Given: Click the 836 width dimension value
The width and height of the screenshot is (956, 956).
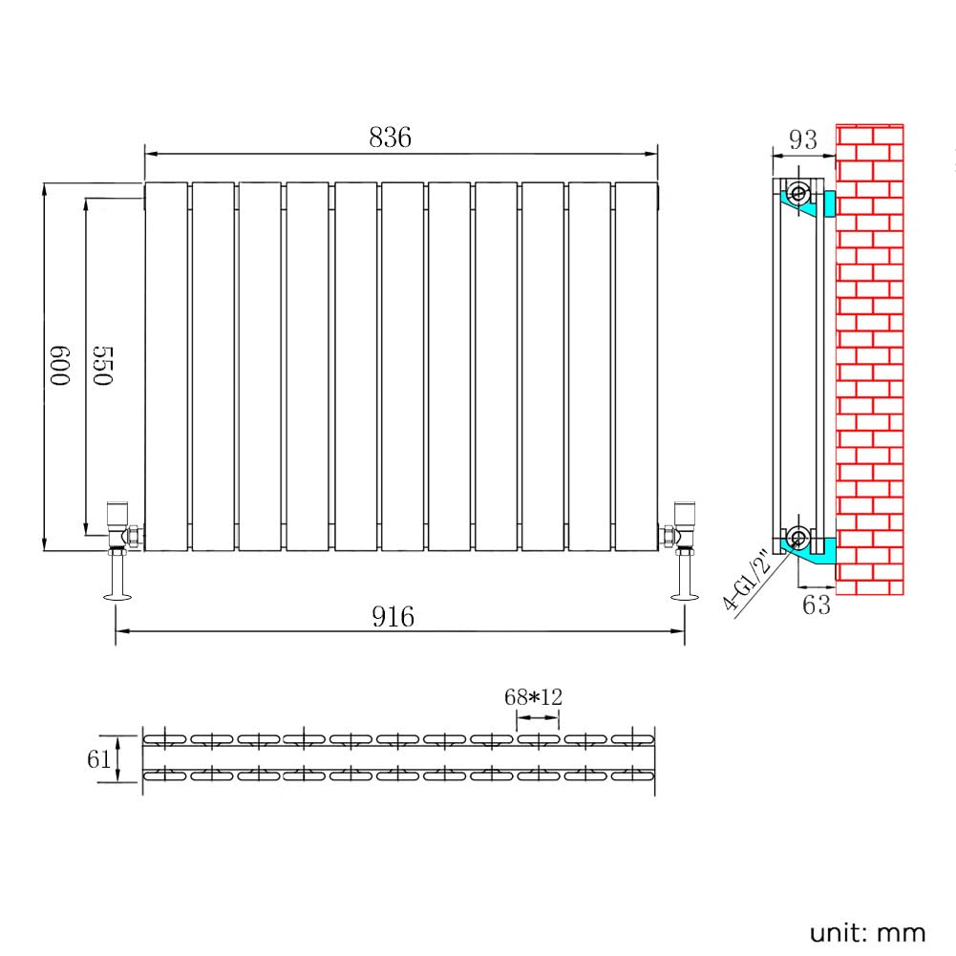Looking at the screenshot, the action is click(391, 138).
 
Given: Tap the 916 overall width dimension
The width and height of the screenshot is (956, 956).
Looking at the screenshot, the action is click(393, 616).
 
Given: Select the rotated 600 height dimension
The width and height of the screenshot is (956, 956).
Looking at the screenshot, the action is click(60, 366).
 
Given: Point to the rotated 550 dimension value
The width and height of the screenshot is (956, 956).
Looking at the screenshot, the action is click(103, 366).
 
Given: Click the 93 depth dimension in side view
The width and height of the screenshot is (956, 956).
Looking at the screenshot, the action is click(803, 139).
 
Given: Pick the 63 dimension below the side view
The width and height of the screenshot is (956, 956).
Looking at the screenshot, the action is click(817, 605).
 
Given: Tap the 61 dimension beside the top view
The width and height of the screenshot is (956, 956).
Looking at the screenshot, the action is click(98, 759).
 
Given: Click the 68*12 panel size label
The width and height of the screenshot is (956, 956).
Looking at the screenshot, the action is click(534, 697).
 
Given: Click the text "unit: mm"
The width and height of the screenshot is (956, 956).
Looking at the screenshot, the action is click(867, 933).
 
